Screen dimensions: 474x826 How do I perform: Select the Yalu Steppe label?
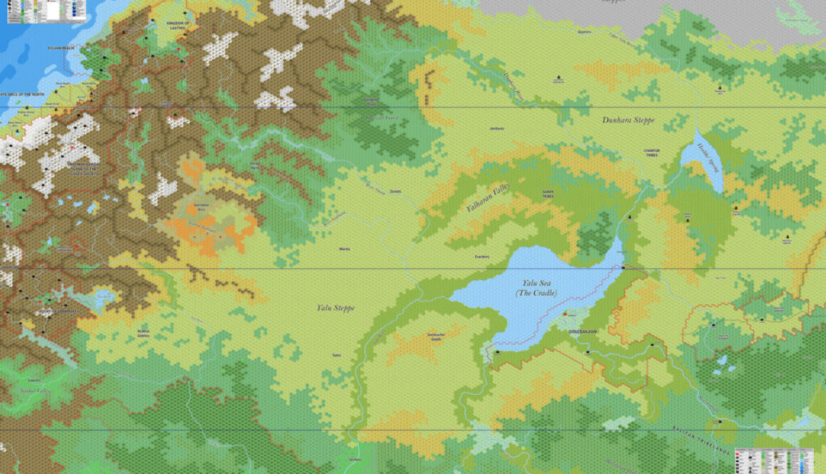pyautogui.click(x=335, y=308)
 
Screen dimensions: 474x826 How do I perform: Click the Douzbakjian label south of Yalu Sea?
pyautogui.click(x=582, y=331)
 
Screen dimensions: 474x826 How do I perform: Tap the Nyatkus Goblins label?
pyautogui.click(x=143, y=333)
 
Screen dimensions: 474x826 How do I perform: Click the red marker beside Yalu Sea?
pyautogui.click(x=565, y=314)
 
